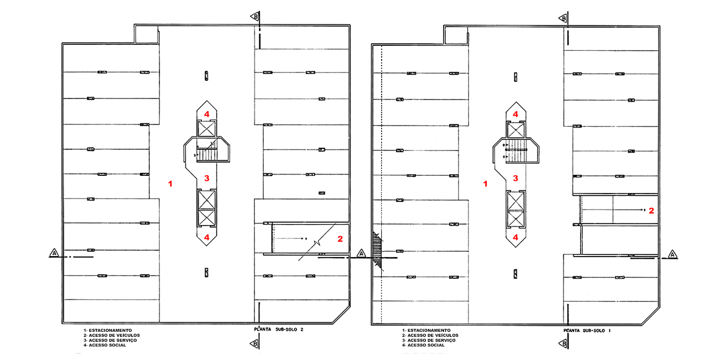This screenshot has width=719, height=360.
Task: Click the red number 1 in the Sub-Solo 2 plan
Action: (171, 183)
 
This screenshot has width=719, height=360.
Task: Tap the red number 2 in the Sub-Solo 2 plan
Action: (341, 239)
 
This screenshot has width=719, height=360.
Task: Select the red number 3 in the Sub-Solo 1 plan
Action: (515, 178)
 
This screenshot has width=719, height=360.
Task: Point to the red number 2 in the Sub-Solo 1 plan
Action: (652, 210)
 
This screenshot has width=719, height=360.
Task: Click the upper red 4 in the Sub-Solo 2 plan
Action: (207, 113)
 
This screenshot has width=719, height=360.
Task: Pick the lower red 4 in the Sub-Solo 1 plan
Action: (515, 237)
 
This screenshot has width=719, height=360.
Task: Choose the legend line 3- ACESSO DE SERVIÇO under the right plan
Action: (429, 340)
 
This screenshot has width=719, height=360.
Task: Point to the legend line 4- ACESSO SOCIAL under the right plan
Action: (424, 345)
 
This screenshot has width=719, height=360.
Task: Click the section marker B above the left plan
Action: (254, 16)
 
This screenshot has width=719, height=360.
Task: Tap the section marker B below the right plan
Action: (564, 344)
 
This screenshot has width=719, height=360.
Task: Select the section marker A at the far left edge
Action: (54, 253)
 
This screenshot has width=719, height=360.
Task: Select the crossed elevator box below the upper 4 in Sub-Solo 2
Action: (207, 129)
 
